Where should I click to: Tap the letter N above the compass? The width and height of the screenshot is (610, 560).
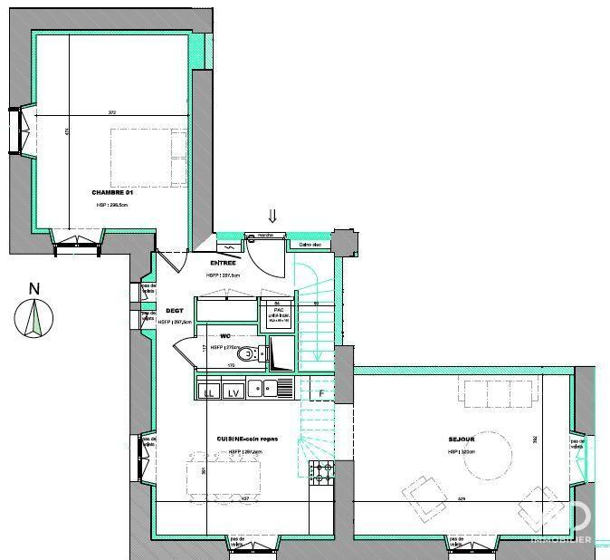pos(34,289)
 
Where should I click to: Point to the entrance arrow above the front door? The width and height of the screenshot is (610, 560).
pos(272,216)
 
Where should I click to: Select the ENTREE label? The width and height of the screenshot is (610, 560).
pos(223,263)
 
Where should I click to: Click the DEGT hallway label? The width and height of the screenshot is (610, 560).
pos(174,311)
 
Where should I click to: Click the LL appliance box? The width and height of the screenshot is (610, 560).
pos(209,391)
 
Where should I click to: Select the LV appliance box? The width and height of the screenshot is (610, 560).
pos(233,391)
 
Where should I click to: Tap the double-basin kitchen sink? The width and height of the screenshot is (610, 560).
pos(271,390)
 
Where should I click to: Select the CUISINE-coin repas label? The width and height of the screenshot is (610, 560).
pos(247,439)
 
